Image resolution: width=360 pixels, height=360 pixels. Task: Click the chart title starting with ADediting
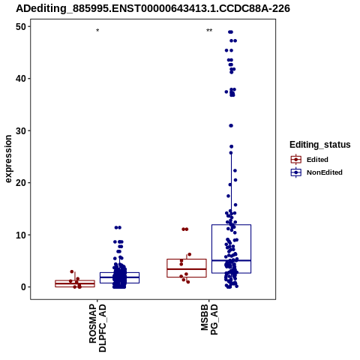153,8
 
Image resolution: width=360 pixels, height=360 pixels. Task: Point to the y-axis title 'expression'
8,159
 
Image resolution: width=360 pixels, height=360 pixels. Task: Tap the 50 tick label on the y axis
21,26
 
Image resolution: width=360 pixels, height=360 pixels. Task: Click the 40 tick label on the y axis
21,79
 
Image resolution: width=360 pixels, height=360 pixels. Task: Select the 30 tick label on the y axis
21,130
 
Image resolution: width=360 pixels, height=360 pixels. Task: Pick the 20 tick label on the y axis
21,183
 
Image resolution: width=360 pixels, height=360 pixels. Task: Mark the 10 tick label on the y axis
21,235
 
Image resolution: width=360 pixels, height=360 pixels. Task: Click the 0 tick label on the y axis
24,287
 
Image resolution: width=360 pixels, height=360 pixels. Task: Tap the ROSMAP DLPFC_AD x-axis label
97,328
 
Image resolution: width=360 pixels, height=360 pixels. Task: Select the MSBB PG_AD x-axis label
209,319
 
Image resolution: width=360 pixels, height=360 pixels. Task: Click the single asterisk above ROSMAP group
97,31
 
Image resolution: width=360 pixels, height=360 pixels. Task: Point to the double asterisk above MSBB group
209,31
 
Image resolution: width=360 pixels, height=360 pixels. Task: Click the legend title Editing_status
320,145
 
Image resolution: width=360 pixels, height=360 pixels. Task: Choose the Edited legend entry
309,160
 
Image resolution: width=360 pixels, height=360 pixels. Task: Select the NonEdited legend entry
316,172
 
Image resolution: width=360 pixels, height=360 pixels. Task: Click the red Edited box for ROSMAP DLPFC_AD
75,280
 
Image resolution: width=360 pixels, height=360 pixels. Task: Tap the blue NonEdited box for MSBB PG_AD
231,225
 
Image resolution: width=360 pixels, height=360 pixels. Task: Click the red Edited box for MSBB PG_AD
187,259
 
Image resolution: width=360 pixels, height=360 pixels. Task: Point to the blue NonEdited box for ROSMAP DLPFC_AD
119,272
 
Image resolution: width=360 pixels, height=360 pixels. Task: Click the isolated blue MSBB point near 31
231,125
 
